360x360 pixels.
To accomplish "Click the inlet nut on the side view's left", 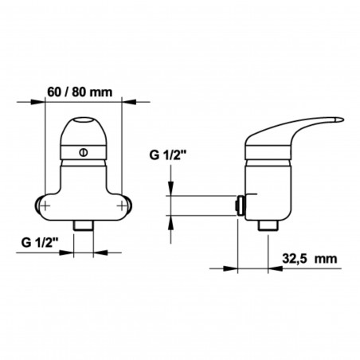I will pyautogui.click(x=239, y=205).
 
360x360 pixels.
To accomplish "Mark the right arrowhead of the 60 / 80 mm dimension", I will pyautogui.click(x=125, y=103).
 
